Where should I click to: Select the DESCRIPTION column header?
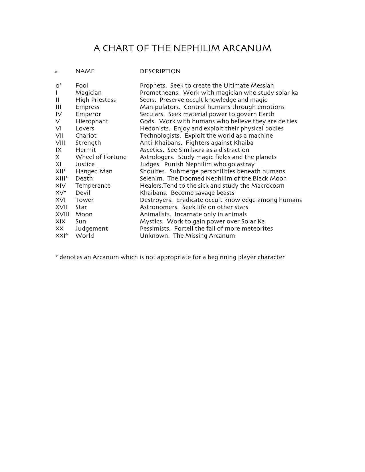(160, 71)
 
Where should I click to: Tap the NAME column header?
(85, 71)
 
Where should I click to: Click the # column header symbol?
(56, 72)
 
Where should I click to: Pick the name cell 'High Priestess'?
(96, 100)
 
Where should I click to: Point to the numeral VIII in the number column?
(60, 143)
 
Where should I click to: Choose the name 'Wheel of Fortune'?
(101, 157)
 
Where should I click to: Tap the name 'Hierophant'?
(92, 121)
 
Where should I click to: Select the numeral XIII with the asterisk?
(62, 179)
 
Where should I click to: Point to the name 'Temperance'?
(93, 186)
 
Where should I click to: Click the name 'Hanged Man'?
(94, 171)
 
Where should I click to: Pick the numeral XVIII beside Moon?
(62, 214)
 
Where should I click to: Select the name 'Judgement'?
(92, 229)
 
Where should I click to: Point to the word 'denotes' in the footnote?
(70, 257)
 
